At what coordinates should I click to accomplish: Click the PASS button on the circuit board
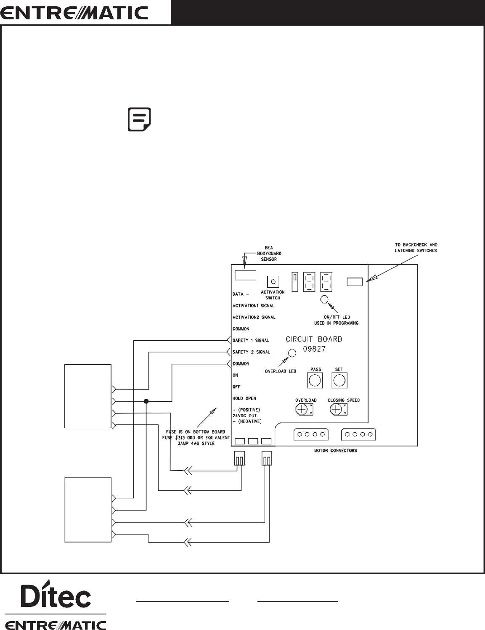[x=315, y=381]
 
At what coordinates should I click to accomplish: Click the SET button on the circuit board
[x=339, y=381]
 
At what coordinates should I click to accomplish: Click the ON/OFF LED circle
[x=325, y=299]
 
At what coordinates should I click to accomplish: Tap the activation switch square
[x=273, y=281]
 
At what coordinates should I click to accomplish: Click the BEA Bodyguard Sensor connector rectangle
[x=245, y=275]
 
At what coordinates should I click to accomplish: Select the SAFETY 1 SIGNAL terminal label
[x=251, y=340]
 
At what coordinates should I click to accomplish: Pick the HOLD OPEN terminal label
[x=244, y=398]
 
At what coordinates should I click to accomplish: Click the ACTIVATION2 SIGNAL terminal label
[x=254, y=317]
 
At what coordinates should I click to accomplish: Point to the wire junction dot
[x=146, y=401]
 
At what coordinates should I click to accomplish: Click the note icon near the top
[x=139, y=120]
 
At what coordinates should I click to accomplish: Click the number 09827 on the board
[x=314, y=349]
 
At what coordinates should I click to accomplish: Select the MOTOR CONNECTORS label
[x=335, y=450]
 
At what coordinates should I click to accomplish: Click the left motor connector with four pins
[x=310, y=434]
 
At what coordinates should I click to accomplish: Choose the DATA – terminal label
[x=241, y=294]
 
